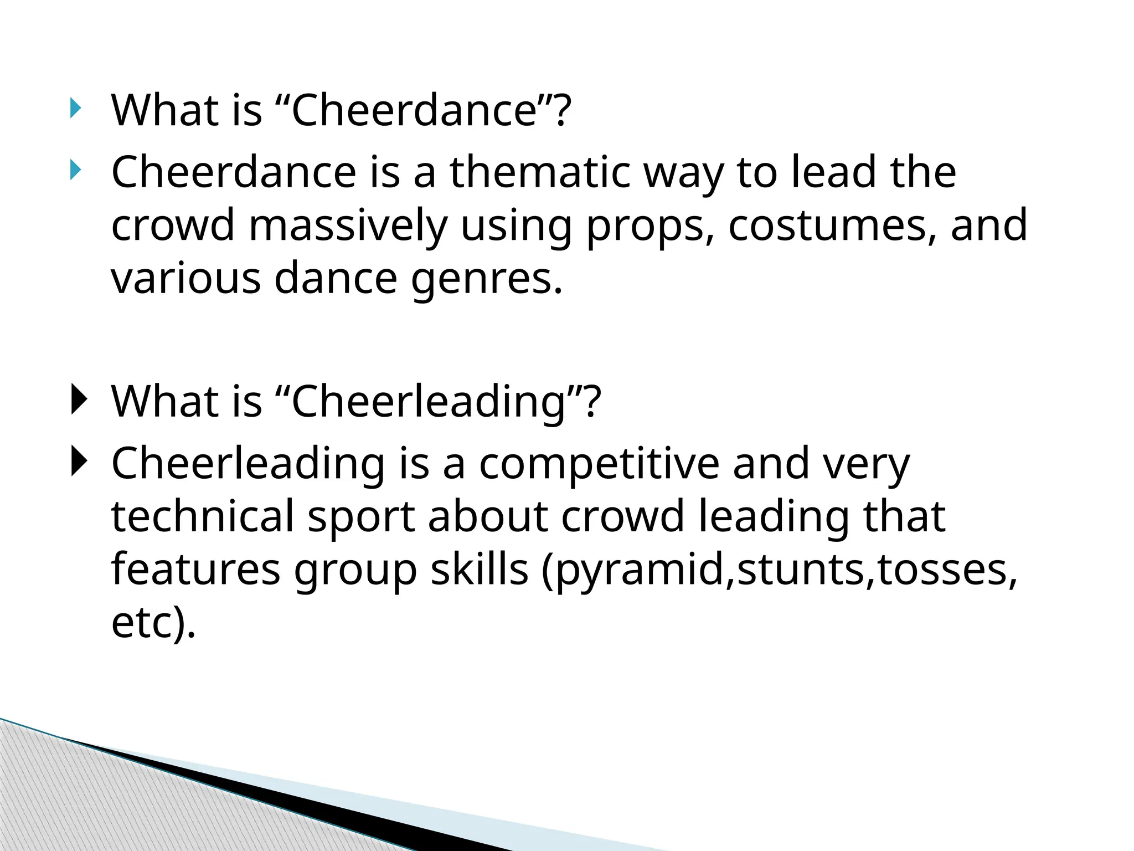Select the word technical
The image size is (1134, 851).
pyautogui.click(x=203, y=516)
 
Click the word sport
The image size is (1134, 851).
pyautogui.click(x=361, y=516)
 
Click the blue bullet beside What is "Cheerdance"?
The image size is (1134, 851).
pyautogui.click(x=75, y=109)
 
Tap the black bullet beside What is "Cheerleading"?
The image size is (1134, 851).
pyautogui.click(x=78, y=400)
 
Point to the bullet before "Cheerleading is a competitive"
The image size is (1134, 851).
pyautogui.click(x=78, y=462)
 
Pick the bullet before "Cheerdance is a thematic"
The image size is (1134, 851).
pyautogui.click(x=75, y=171)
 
